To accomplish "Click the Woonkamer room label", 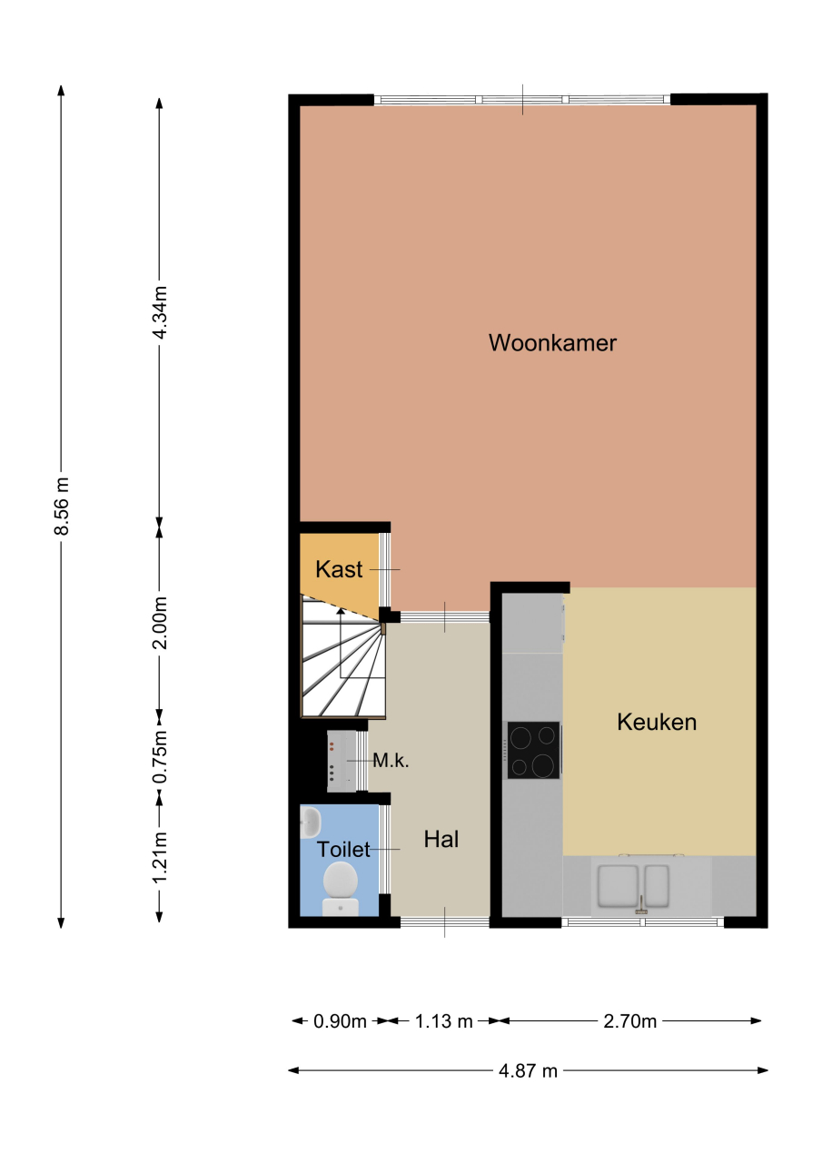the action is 552,343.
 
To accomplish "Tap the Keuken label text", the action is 657,722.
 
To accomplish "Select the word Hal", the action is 441,839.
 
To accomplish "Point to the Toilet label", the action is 343,849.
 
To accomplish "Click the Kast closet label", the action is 339,569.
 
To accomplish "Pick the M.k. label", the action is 391,761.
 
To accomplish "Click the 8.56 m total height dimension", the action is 62,507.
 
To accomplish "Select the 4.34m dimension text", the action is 160,313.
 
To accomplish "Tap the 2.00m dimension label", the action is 160,623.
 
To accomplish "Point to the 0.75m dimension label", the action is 160,756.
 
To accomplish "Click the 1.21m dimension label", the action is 160,856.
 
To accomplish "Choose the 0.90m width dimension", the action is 340,1021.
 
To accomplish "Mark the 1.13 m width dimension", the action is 443,1021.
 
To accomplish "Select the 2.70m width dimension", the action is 630,1021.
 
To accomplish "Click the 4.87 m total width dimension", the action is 528,1070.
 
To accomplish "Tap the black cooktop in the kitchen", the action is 533,751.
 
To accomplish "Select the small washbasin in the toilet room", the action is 311,822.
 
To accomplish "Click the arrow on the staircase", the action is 341,643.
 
